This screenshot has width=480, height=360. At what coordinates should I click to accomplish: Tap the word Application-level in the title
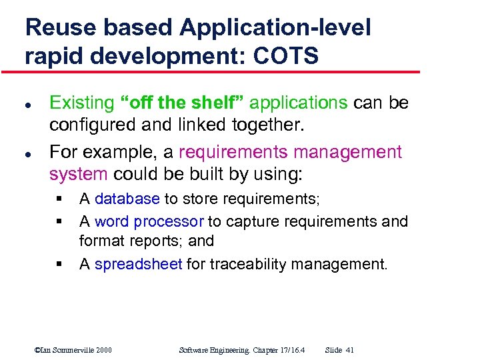coord(275,27)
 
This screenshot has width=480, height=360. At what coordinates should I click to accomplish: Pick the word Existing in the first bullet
coord(82,103)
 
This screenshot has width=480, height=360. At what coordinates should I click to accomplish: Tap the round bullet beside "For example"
coord(29,153)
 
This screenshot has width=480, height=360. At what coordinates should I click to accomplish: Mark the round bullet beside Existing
coord(29,104)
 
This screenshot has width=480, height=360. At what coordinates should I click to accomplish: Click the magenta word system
coord(78,175)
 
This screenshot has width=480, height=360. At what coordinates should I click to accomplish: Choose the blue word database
coord(127,199)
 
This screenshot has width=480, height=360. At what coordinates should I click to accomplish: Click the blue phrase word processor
coord(149,221)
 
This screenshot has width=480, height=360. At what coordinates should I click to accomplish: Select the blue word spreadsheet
coord(138,264)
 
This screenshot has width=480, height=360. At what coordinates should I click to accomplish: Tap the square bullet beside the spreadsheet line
coord(59,265)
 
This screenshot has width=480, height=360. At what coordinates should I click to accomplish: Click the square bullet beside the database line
coord(59,199)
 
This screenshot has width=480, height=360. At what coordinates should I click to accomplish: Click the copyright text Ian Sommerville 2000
coord(73,349)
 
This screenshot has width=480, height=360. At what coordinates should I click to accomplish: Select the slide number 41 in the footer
coord(349,349)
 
